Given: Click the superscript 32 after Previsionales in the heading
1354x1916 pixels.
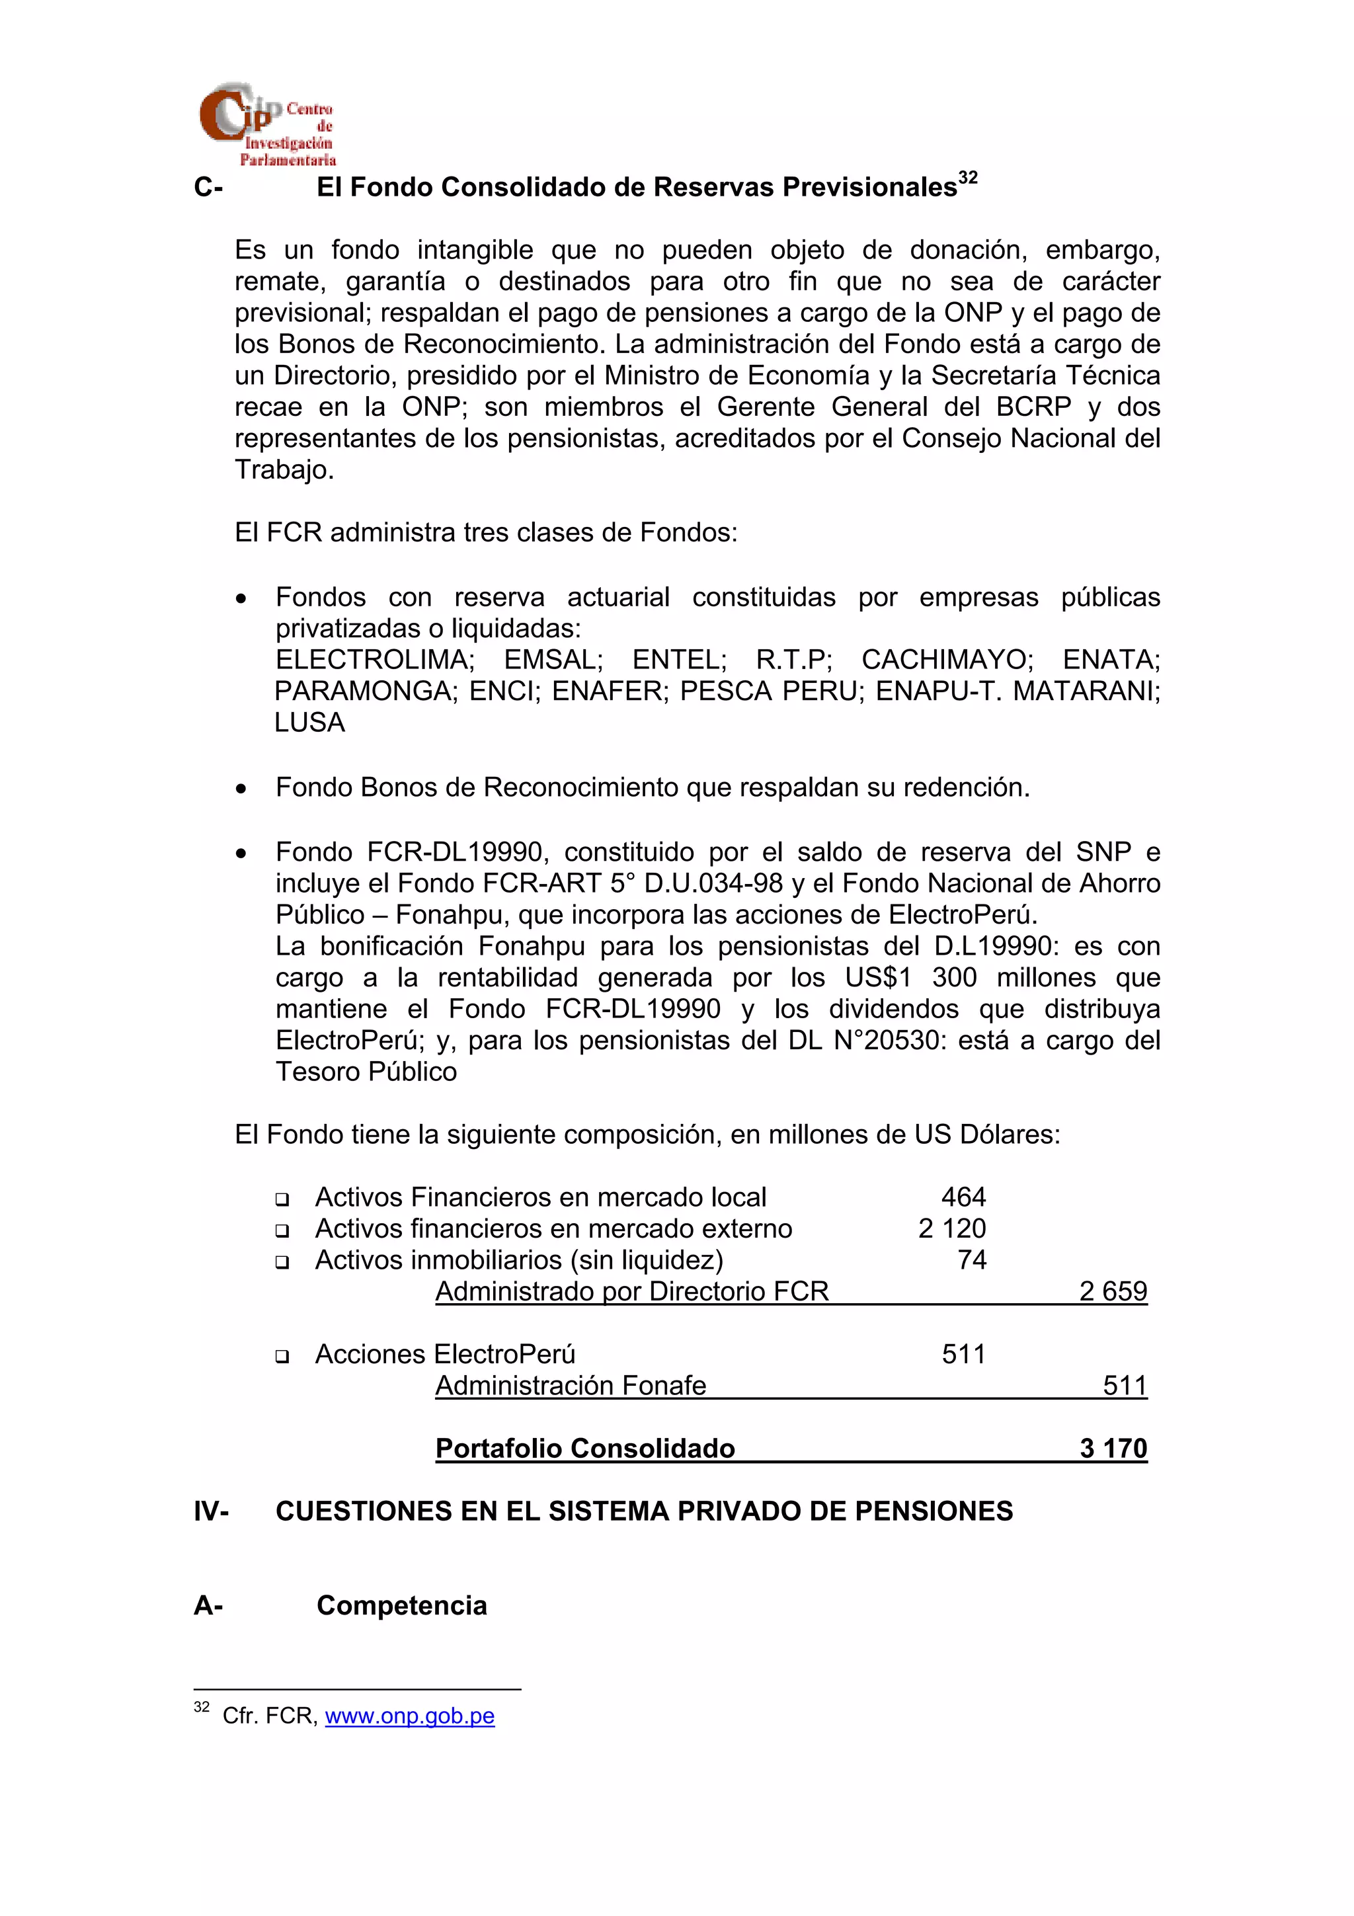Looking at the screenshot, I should (968, 178).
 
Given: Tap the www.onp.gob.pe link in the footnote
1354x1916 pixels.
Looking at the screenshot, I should (410, 1716).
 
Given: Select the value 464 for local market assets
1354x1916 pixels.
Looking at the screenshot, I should (963, 1197).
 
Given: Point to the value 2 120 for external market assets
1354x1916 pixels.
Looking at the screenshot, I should (952, 1228).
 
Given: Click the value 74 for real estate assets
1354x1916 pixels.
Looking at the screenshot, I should (972, 1260).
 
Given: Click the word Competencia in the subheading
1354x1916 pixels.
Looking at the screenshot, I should (401, 1605).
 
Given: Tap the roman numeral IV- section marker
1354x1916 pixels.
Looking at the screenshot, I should (211, 1511).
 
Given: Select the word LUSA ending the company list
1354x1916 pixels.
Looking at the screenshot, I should (309, 723).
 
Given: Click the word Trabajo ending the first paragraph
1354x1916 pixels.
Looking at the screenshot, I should (284, 470).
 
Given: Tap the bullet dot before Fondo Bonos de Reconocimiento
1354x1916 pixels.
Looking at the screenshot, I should (241, 789).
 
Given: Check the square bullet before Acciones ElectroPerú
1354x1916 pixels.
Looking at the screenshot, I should (282, 1356).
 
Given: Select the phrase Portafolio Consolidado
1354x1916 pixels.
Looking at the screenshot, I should (585, 1448).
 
